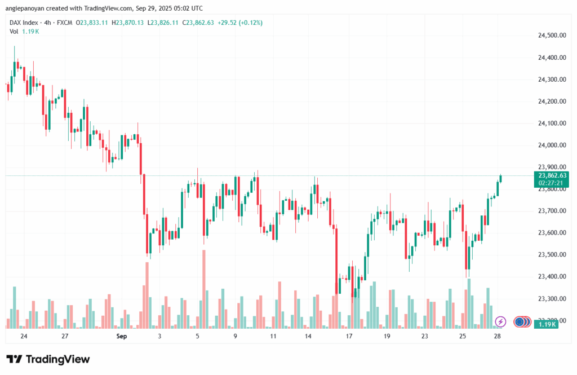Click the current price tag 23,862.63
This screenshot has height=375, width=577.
[552, 175]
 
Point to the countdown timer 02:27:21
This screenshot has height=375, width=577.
[552, 183]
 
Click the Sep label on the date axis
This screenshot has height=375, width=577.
[122, 336]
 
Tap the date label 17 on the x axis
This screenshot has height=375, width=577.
[349, 336]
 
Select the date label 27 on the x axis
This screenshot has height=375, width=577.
[65, 336]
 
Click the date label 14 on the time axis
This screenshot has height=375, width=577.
[308, 336]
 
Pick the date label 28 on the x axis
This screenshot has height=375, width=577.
[498, 336]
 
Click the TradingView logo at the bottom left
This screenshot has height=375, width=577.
[48, 359]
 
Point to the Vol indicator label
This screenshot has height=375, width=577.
[14, 31]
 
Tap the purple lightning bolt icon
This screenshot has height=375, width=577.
[500, 322]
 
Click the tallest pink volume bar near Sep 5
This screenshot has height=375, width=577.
[203, 288]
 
